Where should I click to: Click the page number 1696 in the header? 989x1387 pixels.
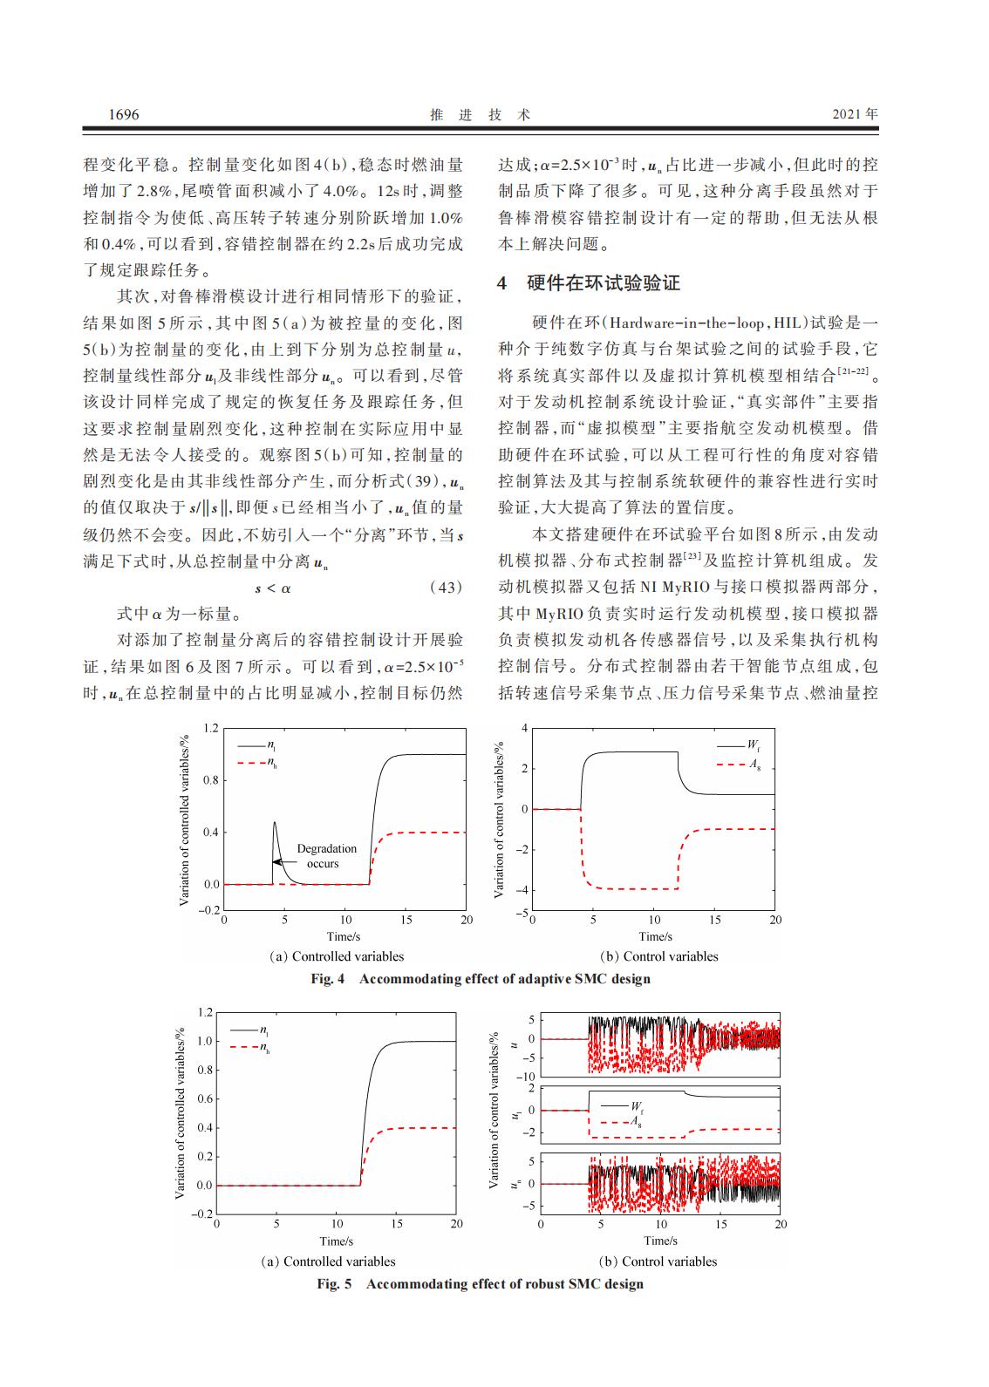pos(123,114)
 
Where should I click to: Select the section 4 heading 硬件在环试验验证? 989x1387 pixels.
pos(603,282)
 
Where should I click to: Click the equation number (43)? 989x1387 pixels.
pos(447,588)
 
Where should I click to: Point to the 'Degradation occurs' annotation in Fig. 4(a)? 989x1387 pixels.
pos(326,855)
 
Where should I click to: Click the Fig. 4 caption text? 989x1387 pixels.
pos(481,978)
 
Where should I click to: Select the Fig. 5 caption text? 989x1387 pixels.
pos(481,1283)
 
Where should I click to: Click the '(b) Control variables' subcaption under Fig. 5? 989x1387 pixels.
pos(658,1261)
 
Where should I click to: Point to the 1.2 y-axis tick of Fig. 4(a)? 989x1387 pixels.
pos(210,728)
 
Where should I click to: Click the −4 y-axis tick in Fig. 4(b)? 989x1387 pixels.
pos(524,890)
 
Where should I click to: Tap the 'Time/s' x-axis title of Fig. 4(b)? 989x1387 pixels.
pos(655,936)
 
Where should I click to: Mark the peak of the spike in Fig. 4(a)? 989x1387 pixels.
pos(275,822)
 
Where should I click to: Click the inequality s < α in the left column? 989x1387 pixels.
pos(273,588)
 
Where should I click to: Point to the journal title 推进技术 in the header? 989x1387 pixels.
pos(481,114)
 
